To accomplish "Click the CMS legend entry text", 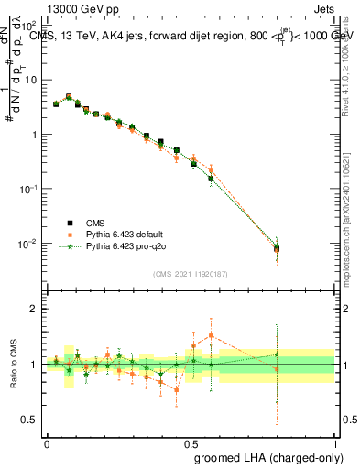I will [x=95, y=223].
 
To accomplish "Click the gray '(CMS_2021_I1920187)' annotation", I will [x=190, y=274].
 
